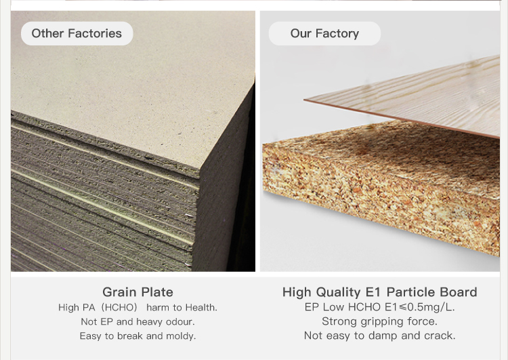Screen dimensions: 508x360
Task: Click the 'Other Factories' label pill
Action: click(x=77, y=33)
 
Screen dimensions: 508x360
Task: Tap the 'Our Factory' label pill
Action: click(x=324, y=33)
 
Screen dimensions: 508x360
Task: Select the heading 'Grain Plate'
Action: click(x=137, y=292)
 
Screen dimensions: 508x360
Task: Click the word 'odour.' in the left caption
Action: click(x=180, y=321)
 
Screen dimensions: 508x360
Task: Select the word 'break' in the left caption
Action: click(x=130, y=336)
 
